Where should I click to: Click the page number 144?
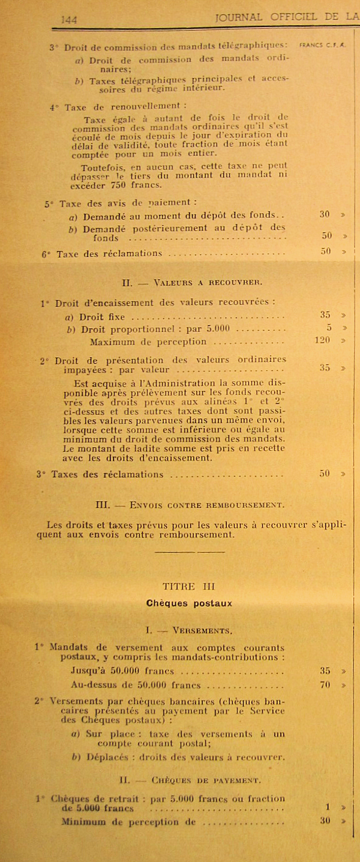[x=69, y=20]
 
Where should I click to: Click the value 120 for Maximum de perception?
[x=324, y=340]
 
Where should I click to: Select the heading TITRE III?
[x=188, y=586]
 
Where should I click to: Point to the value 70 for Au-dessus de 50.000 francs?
[x=325, y=684]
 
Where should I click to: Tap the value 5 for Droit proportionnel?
[x=329, y=328]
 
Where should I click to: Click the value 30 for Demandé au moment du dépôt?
[x=325, y=214]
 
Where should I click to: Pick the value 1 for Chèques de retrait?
[x=328, y=807]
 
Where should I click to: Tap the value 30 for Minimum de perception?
[x=325, y=821]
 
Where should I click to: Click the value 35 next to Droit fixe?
[x=325, y=314]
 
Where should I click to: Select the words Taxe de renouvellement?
[x=104, y=107]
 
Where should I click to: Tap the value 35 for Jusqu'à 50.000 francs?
[x=325, y=671]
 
